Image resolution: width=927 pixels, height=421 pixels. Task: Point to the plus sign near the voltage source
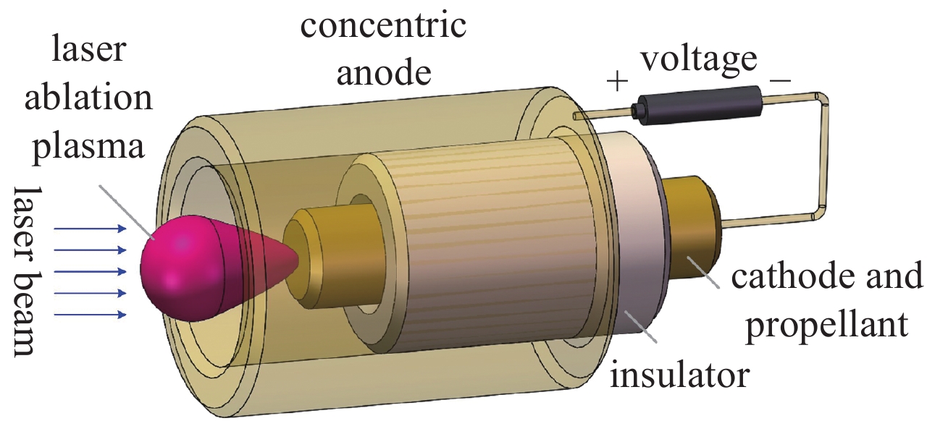[x=617, y=81]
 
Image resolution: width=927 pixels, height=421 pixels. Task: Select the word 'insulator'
[x=678, y=375]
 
